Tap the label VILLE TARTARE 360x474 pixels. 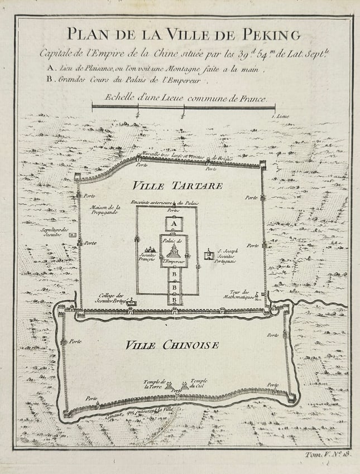tap(177, 186)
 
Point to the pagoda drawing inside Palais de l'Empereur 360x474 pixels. tap(174, 251)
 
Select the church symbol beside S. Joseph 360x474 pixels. tap(209, 255)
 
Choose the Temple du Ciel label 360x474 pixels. tap(198, 383)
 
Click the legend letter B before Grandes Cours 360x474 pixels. tap(50, 79)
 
